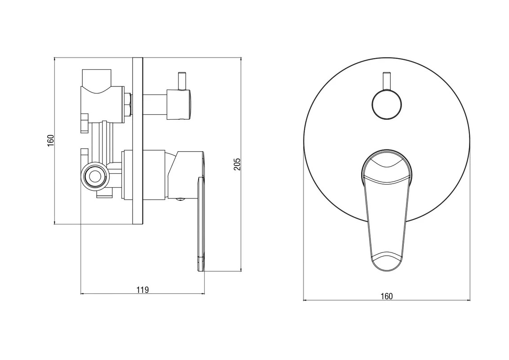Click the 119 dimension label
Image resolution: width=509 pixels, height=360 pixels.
tap(143, 289)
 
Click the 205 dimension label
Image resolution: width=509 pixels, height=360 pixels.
tap(237, 164)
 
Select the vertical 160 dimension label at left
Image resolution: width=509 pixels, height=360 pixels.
tap(51, 141)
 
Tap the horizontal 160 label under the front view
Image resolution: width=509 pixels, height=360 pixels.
tap(387, 296)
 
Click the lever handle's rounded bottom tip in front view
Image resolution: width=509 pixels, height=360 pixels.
tap(386, 263)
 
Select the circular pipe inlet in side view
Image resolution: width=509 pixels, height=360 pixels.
tap(95, 177)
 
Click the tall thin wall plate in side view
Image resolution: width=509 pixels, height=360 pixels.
tap(138, 141)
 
